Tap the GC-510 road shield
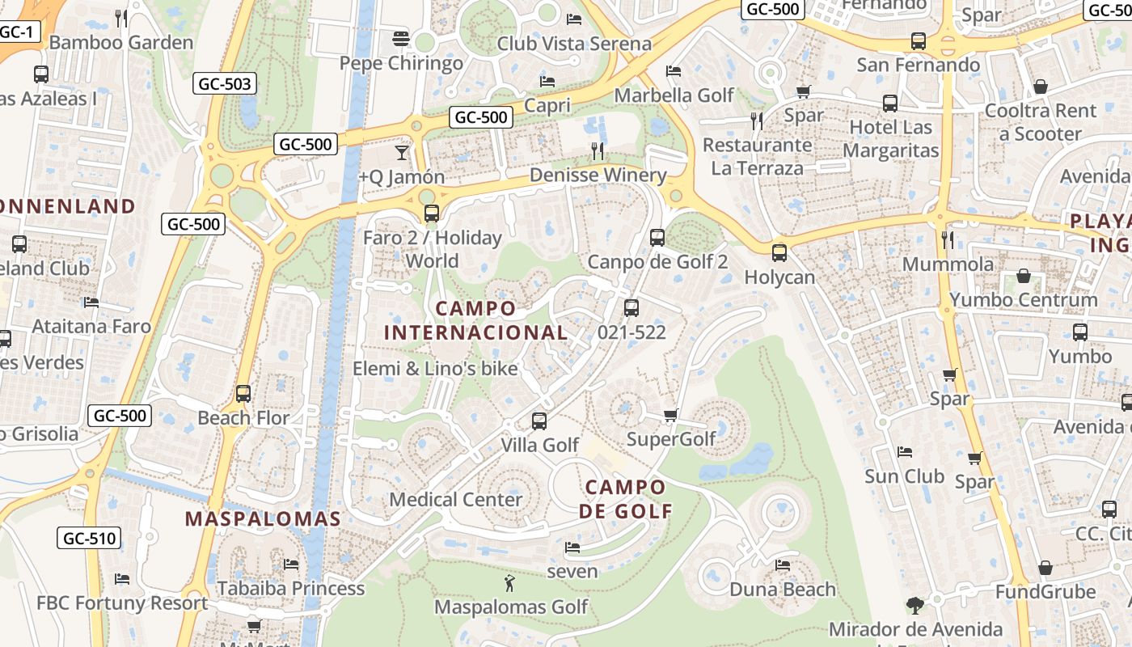point(90,538)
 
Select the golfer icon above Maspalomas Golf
point(509,583)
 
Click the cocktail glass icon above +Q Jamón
point(402,152)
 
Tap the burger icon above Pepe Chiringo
point(400,38)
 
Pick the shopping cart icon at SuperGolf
point(670,416)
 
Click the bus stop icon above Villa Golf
point(539,421)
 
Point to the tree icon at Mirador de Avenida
point(914,606)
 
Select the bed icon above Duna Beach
point(782,565)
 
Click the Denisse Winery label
point(598,175)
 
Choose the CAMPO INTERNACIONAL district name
point(475,320)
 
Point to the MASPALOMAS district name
point(263,518)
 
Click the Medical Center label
point(456,499)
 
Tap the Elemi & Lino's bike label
point(435,368)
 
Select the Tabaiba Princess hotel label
point(290,588)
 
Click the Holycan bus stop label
point(779,277)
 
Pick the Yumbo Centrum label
point(1023,299)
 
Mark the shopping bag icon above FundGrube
point(1045,568)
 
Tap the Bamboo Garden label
point(121,42)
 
